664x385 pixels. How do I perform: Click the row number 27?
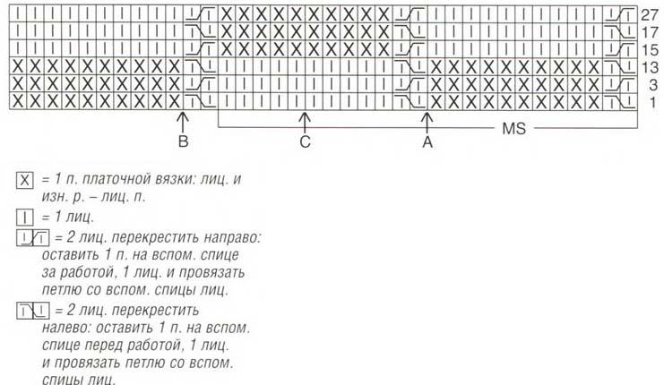(x=650, y=15)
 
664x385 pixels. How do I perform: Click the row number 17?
(x=650, y=32)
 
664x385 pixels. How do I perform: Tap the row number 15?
(x=650, y=50)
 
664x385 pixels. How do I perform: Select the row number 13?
(x=650, y=68)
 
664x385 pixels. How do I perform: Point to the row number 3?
(x=653, y=85)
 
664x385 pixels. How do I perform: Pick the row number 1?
(x=653, y=102)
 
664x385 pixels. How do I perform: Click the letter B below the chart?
(x=183, y=141)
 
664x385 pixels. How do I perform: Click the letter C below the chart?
(x=305, y=141)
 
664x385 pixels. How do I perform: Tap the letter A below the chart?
(x=427, y=142)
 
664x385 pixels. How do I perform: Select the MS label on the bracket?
(x=513, y=128)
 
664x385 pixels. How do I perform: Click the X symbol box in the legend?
(x=25, y=181)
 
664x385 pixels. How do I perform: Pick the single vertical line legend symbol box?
(x=25, y=218)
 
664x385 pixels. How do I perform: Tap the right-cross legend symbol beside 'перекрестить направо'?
(x=33, y=238)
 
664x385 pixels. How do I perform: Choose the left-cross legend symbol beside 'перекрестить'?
(x=33, y=311)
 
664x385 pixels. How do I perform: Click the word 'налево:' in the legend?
(x=69, y=328)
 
